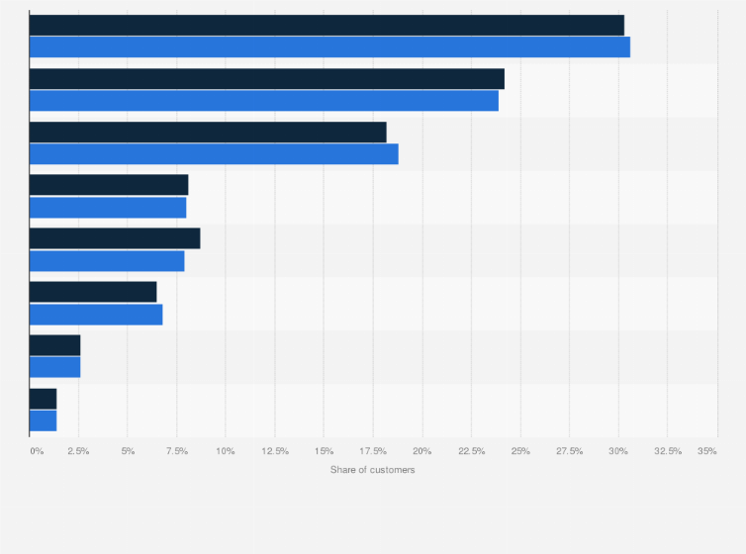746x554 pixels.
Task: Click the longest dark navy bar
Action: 326,25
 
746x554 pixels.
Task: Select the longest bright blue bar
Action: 329,46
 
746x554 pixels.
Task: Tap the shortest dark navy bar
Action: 43,398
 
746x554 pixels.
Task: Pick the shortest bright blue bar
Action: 43,420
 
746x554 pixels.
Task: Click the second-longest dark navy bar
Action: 267,78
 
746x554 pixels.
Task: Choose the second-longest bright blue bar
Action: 264,100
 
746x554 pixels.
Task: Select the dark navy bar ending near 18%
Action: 208,132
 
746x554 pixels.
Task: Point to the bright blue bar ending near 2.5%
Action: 54,367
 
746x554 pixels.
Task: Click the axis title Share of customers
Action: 373,469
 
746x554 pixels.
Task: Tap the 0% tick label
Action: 37,451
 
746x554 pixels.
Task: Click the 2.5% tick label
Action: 78,451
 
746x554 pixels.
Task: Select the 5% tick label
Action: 128,451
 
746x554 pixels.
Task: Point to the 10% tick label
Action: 226,451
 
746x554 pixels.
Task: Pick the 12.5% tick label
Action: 275,451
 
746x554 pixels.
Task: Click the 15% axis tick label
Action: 324,451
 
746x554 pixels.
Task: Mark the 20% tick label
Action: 422,451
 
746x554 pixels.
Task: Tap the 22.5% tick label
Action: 471,451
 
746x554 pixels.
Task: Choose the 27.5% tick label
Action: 569,451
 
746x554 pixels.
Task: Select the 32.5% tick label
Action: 667,451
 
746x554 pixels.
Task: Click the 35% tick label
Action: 707,451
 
